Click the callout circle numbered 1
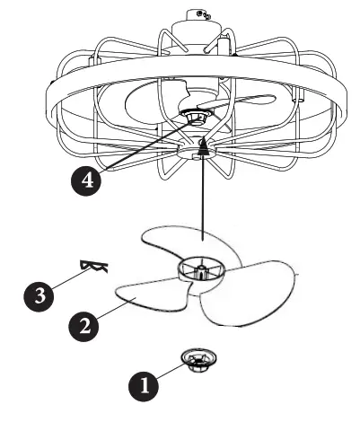(x=145, y=386)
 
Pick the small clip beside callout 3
(x=93, y=266)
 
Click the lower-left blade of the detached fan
(x=144, y=295)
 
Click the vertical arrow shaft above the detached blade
(x=205, y=198)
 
